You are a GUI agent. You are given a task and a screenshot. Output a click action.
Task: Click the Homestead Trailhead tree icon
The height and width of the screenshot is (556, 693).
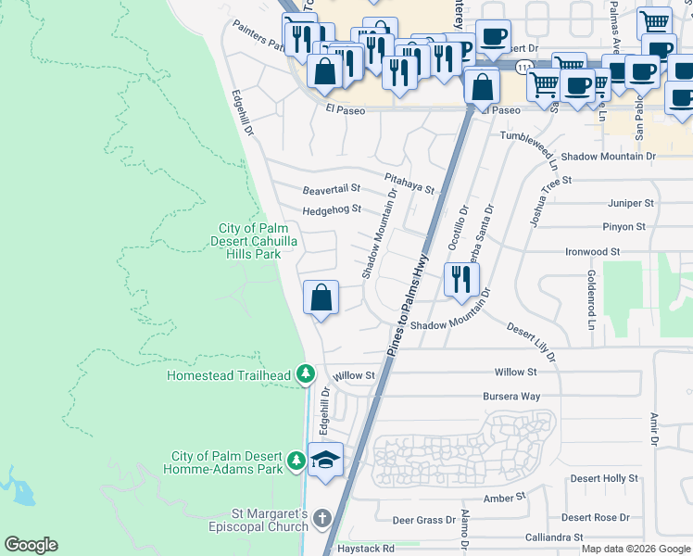click(x=306, y=375)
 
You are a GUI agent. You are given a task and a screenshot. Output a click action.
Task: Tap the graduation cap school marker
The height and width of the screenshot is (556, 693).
click(x=325, y=460)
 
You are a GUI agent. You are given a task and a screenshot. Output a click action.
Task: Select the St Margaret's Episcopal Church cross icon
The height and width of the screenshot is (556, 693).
click(x=321, y=519)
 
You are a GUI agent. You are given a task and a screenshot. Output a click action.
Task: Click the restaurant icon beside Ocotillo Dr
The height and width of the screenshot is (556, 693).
click(x=460, y=279)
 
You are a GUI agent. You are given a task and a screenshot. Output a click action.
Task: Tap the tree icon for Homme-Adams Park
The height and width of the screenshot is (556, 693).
click(x=296, y=461)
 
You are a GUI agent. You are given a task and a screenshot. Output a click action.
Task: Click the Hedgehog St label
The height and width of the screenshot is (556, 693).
click(x=331, y=209)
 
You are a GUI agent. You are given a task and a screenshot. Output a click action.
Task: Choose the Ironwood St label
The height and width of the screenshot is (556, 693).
click(x=592, y=251)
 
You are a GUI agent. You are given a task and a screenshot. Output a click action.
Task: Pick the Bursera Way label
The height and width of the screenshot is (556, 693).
click(x=510, y=396)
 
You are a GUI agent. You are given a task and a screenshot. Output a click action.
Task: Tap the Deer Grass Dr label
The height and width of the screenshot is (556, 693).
click(x=424, y=520)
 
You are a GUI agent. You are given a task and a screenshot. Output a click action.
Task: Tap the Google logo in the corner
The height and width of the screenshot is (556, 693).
click(x=31, y=545)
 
